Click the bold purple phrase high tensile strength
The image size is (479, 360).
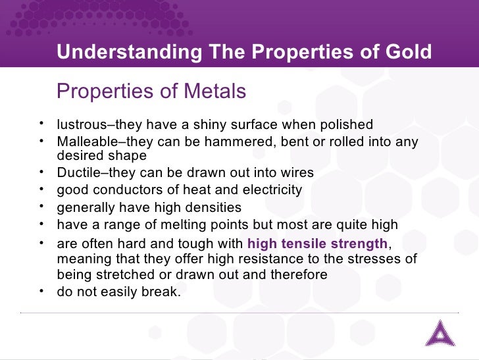pos(317,243)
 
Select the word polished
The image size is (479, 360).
pos(347,125)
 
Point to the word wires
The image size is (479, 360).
pos(297,173)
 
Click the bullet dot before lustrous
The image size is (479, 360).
pos(41,124)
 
